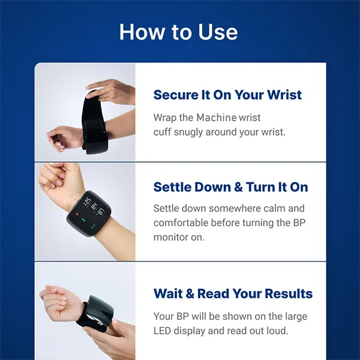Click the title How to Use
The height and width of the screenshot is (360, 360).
tap(179, 31)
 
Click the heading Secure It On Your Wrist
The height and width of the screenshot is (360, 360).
tap(227, 95)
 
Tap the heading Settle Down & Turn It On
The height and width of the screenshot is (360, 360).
tap(230, 187)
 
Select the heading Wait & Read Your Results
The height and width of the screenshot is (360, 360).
tap(233, 293)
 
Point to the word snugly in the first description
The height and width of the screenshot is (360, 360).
tap(190, 131)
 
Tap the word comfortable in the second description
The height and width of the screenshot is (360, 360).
tap(181, 223)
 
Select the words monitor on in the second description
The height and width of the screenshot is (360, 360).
tap(179, 237)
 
